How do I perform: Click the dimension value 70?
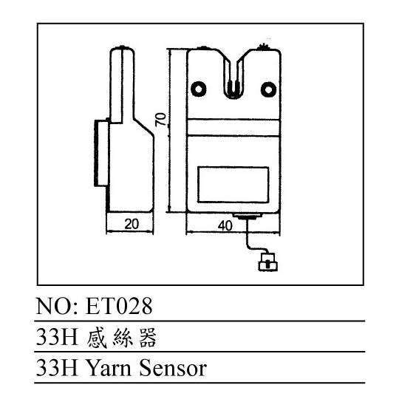click(162, 119)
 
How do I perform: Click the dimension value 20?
click(132, 224)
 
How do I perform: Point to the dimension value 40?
click(225, 225)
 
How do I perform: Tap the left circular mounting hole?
click(199, 89)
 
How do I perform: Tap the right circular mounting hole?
click(268, 89)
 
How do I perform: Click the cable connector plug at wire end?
click(268, 262)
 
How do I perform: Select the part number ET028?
click(119, 306)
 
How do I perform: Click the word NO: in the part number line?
click(59, 306)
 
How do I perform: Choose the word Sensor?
click(173, 368)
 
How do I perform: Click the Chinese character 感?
click(97, 338)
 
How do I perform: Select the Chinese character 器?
click(148, 338)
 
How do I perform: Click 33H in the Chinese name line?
click(57, 337)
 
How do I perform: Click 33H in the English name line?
click(57, 368)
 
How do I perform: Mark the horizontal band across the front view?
click(233, 128)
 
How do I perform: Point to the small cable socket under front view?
click(248, 216)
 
